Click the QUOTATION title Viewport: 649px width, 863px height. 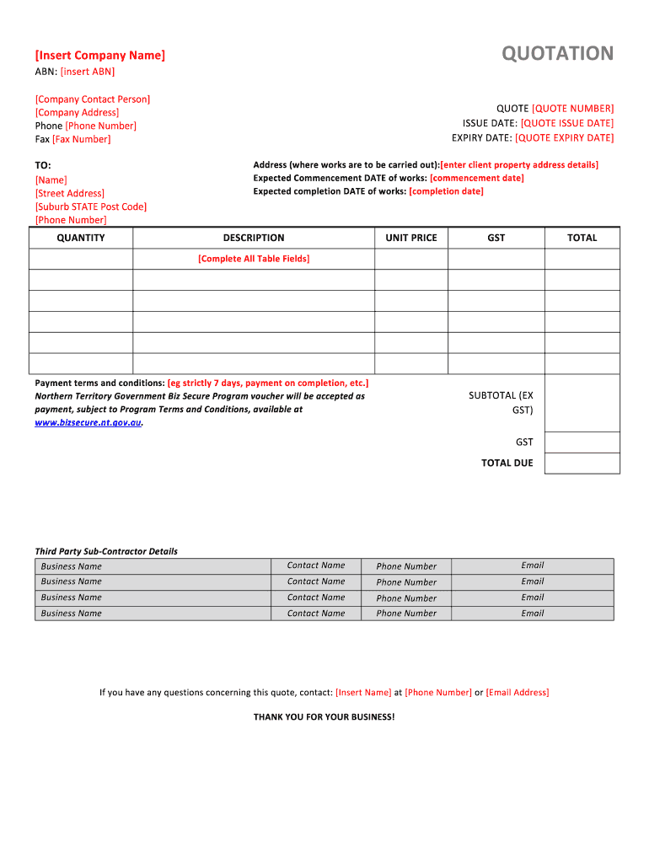tap(558, 54)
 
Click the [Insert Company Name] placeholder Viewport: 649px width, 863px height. tap(100, 56)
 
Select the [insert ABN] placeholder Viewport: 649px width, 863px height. tap(88, 72)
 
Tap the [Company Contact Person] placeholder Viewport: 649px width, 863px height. tap(93, 99)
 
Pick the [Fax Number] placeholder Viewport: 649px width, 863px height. tap(81, 139)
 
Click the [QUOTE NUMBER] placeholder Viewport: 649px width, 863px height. tap(572, 109)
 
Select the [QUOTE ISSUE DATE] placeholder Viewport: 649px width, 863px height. tap(566, 123)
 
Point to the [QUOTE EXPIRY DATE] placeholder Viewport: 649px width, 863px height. tap(564, 137)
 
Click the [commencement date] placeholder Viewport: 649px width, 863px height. tap(476, 178)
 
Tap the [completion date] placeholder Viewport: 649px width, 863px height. tap(446, 191)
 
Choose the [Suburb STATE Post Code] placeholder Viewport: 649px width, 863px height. tap(91, 206)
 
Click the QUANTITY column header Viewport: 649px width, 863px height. tap(81, 238)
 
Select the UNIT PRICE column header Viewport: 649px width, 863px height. tap(411, 238)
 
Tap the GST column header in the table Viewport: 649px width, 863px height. tap(496, 238)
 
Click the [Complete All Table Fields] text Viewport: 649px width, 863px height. tap(254, 259)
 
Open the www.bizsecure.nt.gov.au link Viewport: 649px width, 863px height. tap(88, 422)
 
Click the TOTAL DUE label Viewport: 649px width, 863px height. tap(507, 463)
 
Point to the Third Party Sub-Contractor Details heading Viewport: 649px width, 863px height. tap(106, 551)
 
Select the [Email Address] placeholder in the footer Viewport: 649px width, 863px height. tap(518, 693)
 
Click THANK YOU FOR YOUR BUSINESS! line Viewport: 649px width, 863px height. tap(324, 717)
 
